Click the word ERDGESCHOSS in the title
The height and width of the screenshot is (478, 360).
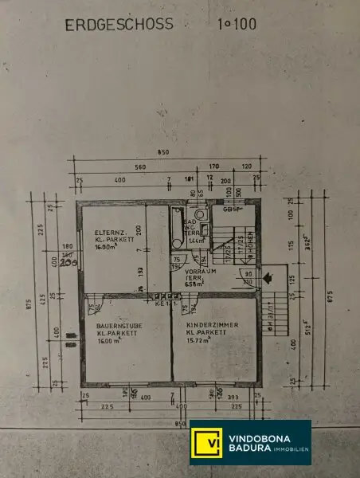119,25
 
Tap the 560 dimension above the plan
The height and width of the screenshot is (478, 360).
140,167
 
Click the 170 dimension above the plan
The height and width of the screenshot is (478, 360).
213,167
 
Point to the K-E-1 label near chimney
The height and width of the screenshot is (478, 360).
162,304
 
